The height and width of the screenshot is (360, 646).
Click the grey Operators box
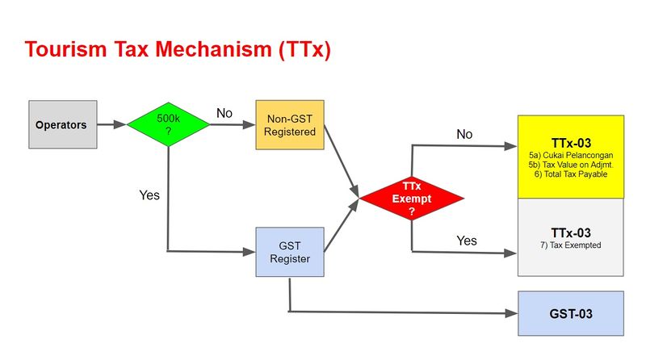point(62,125)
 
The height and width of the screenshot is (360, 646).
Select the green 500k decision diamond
point(168,124)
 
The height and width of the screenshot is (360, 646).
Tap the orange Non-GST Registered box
point(289,125)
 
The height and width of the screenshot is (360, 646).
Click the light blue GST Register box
point(289,251)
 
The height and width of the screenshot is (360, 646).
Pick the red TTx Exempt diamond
point(411,198)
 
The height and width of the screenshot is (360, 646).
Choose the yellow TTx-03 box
point(571,156)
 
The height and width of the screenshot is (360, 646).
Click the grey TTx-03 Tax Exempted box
point(571,237)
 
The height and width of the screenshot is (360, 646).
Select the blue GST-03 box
point(571,313)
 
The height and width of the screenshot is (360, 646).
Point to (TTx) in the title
point(304,50)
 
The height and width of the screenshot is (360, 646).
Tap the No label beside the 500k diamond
point(224,113)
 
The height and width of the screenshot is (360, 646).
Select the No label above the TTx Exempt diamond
point(464,135)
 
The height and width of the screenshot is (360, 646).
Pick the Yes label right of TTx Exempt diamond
point(467,241)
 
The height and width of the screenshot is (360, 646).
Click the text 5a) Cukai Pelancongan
point(571,154)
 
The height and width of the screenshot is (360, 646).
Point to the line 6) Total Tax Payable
point(571,174)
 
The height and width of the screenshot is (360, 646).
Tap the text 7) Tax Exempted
point(571,245)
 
